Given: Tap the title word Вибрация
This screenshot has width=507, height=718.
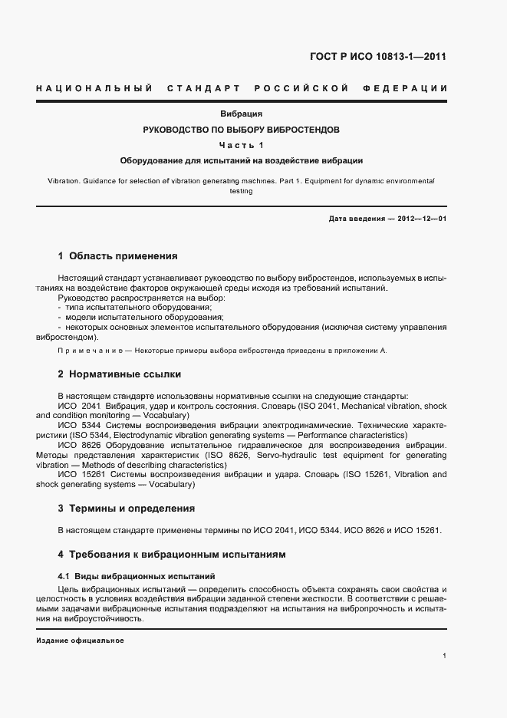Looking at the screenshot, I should point(242,114).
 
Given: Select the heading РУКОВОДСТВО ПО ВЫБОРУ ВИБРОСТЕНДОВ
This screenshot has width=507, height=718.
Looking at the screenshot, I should point(241,130).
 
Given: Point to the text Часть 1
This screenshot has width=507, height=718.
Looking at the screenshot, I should point(241,146).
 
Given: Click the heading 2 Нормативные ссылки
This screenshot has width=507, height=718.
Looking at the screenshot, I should point(120,375).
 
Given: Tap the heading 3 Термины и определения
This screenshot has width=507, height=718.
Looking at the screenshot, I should point(127,509).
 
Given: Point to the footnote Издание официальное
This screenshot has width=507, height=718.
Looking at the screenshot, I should point(80,641).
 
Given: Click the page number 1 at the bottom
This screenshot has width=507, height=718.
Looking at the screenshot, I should point(445,656).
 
